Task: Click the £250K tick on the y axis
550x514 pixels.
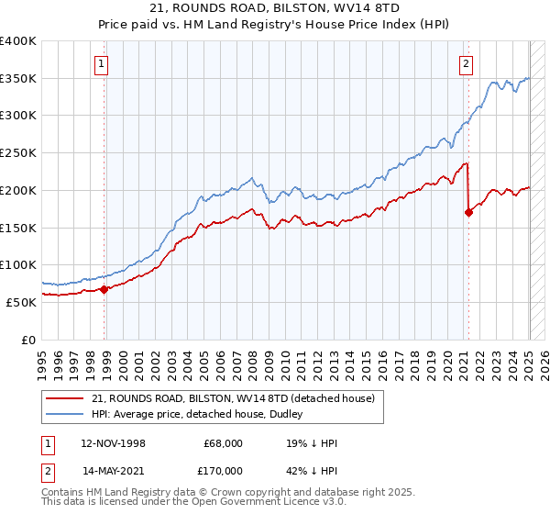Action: (x=20, y=152)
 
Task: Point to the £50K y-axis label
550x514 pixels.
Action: (x=23, y=301)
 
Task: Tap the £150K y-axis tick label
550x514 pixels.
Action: (x=20, y=227)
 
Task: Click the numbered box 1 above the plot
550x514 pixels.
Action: (x=100, y=63)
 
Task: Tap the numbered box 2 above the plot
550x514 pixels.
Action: (x=467, y=63)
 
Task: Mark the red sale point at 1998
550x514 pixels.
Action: (x=104, y=289)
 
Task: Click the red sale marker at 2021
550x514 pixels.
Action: (x=469, y=212)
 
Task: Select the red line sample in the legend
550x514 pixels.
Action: (x=66, y=399)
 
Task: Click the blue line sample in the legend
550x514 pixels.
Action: (x=66, y=415)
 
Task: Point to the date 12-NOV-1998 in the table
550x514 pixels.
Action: (x=113, y=442)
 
